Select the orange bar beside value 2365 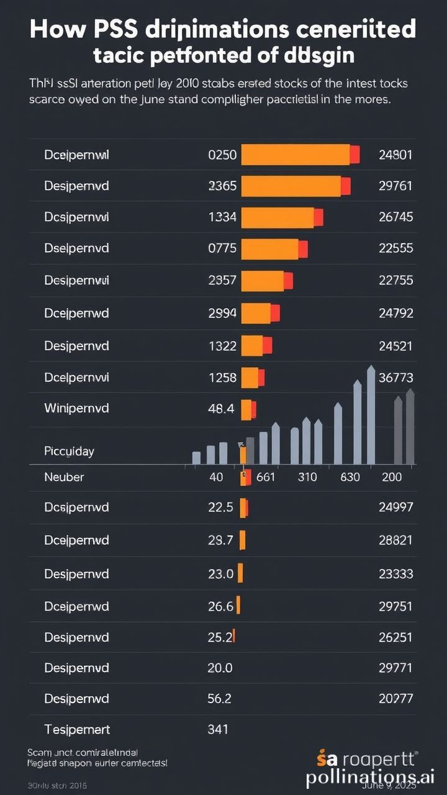291,186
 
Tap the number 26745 395,217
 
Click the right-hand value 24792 395,314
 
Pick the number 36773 395,378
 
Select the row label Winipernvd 76,409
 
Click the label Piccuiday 69,452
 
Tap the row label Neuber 64,478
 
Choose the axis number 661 265,478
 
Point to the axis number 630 350,478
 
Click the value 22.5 220,507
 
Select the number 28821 395,540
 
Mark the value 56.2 219,699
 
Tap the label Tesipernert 77,730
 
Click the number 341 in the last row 218,730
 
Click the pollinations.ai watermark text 370,777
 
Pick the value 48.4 221,409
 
